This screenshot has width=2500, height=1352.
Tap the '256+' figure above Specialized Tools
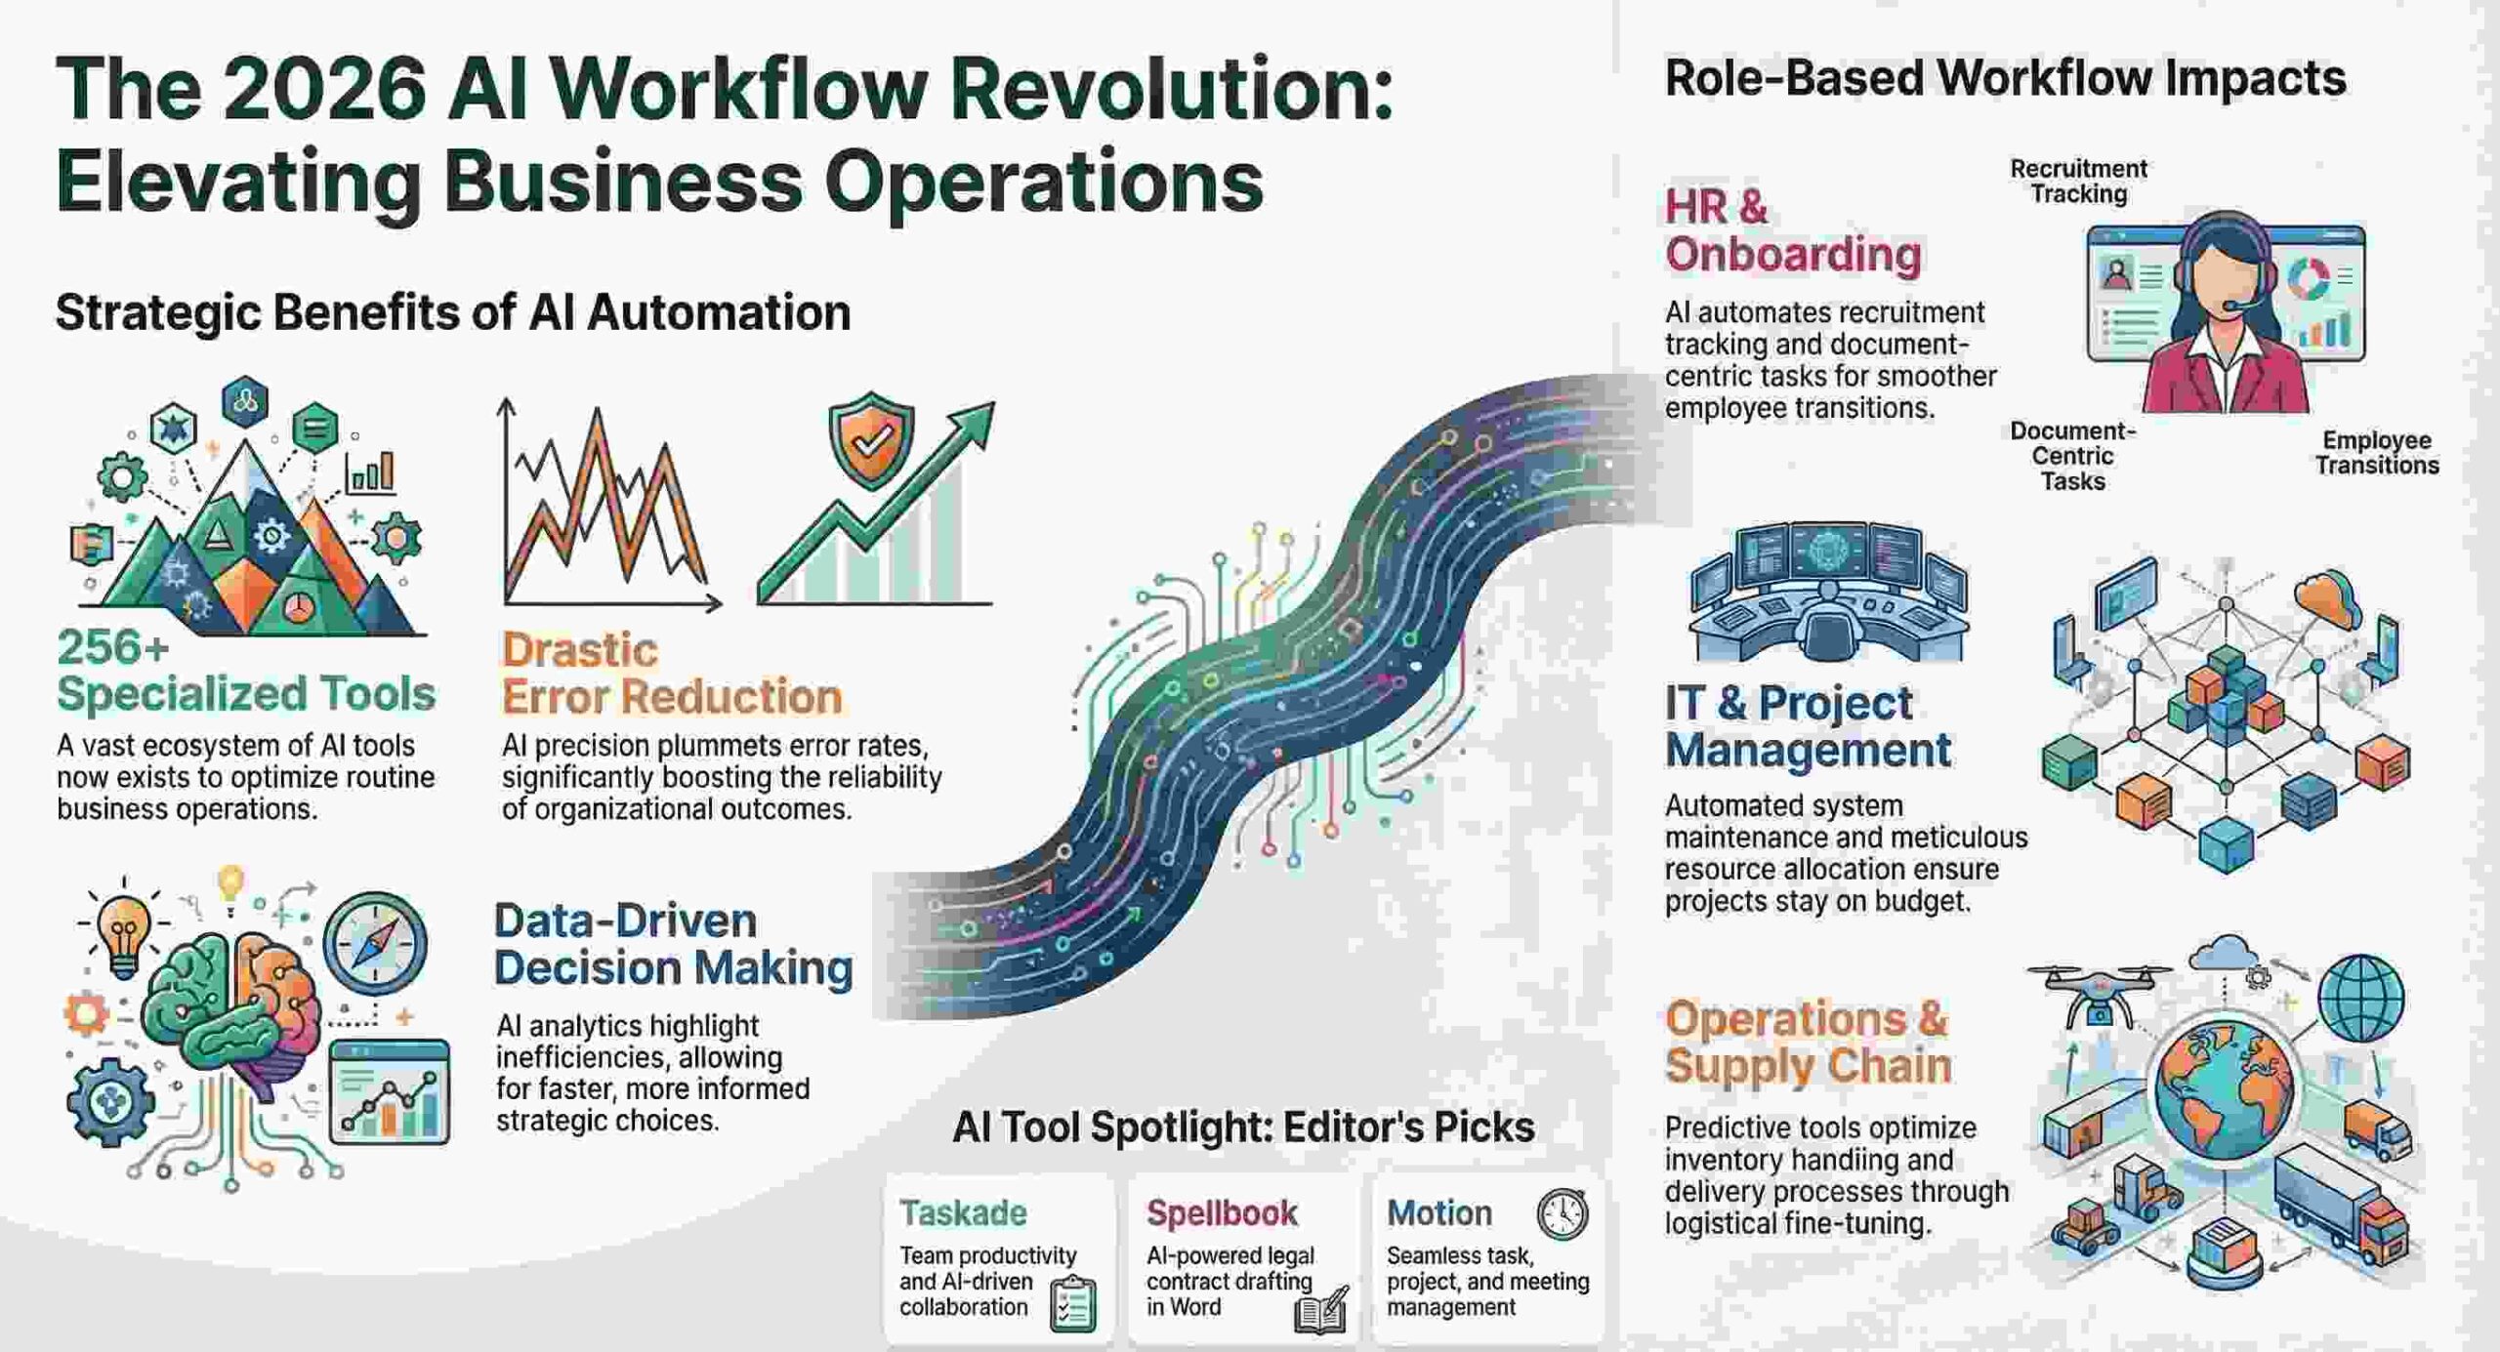(113, 647)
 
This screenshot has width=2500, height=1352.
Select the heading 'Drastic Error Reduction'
(672, 674)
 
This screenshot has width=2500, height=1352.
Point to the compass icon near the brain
(375, 943)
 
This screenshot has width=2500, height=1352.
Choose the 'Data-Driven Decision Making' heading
(673, 944)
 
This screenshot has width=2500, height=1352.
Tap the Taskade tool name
(963, 1212)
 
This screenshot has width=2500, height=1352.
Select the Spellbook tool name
(1222, 1212)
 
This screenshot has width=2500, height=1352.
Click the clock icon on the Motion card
(1562, 1214)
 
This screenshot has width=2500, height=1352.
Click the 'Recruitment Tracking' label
(2078, 182)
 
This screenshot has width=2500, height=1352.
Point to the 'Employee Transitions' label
(2376, 453)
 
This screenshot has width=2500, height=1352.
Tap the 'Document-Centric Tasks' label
(2072, 456)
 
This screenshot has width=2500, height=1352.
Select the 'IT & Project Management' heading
(1807, 726)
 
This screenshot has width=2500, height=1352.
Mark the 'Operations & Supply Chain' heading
(1808, 1042)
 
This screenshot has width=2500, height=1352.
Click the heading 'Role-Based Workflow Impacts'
(2005, 78)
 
